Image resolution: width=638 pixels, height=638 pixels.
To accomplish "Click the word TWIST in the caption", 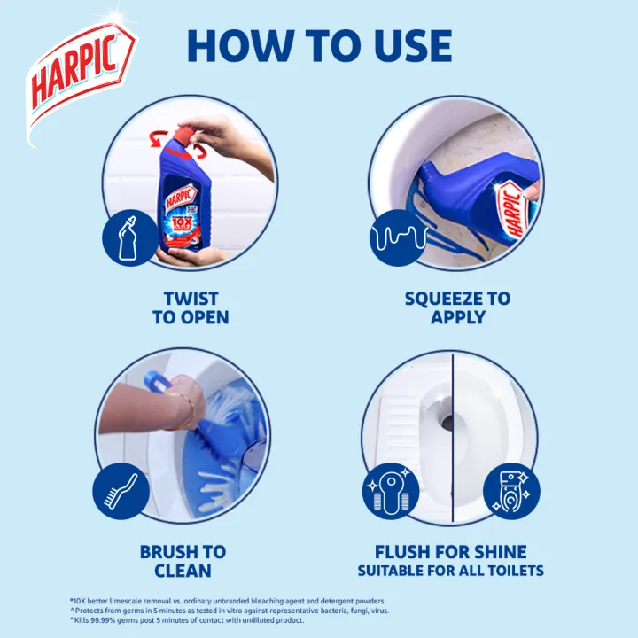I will (x=191, y=299).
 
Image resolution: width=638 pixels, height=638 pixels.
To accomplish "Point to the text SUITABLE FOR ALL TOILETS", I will (x=451, y=571).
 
